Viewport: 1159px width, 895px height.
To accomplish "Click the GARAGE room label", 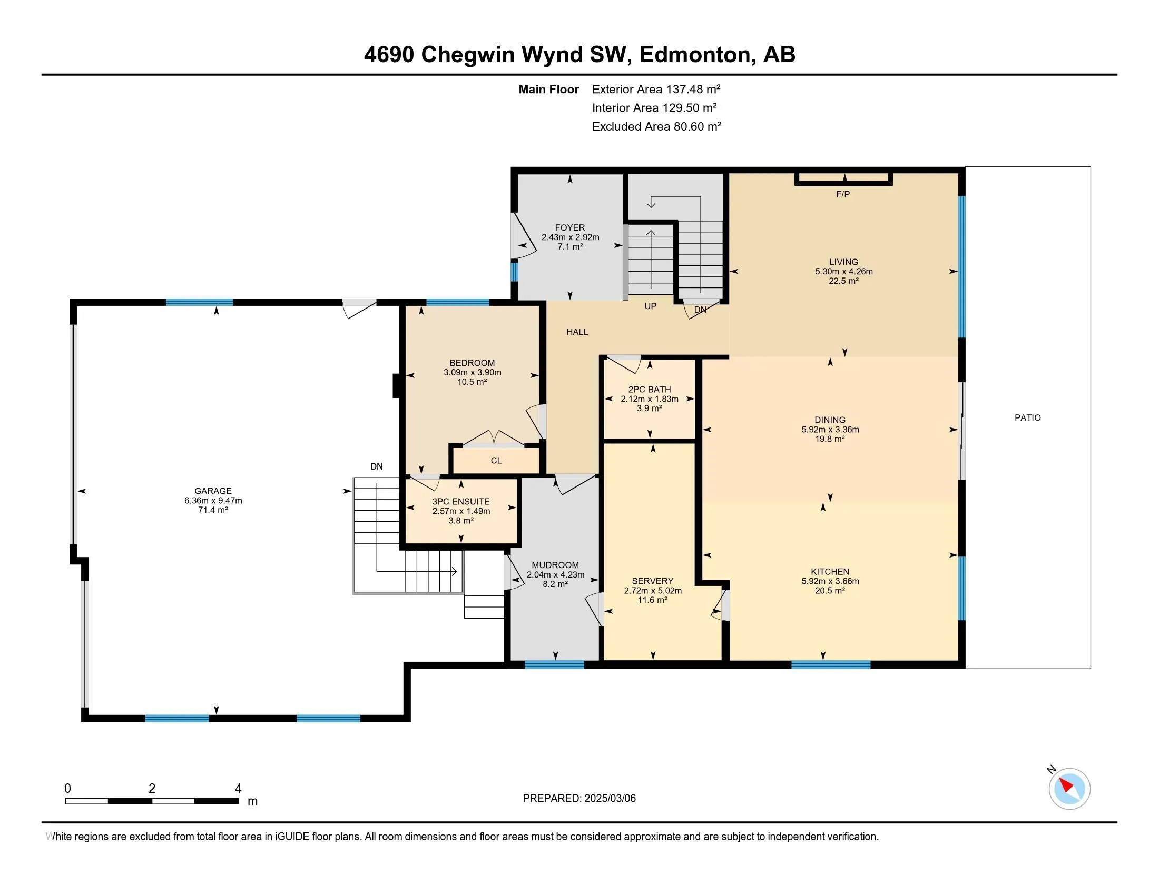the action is pyautogui.click(x=213, y=491).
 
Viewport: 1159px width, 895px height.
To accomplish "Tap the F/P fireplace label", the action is pyautogui.click(x=843, y=194).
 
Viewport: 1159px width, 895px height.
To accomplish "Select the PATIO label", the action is pyautogui.click(x=1027, y=418).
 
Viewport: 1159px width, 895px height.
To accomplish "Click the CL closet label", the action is pyautogui.click(x=496, y=461).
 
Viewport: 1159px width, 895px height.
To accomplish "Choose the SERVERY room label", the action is pyautogui.click(x=652, y=581).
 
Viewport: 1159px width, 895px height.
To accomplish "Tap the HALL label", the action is pyautogui.click(x=577, y=332).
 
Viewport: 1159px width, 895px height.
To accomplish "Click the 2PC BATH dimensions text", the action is pyautogui.click(x=650, y=399).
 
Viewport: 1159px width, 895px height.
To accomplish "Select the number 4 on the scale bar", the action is pyautogui.click(x=238, y=789).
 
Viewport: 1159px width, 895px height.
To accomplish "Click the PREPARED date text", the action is pyautogui.click(x=579, y=799).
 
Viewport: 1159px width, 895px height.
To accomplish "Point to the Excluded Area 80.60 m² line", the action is pyautogui.click(x=656, y=127).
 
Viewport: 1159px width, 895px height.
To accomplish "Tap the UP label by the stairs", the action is pyautogui.click(x=650, y=306).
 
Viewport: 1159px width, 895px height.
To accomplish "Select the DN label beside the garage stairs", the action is pyautogui.click(x=376, y=466).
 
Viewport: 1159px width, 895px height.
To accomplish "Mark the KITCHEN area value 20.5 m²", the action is pyautogui.click(x=830, y=591).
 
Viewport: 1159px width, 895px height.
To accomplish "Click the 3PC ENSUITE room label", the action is pyautogui.click(x=460, y=502).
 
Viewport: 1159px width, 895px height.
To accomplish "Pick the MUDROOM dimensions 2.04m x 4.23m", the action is pyautogui.click(x=555, y=575).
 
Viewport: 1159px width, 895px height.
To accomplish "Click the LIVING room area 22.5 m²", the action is pyautogui.click(x=843, y=281).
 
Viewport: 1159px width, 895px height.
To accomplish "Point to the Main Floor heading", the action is pyautogui.click(x=548, y=89).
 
